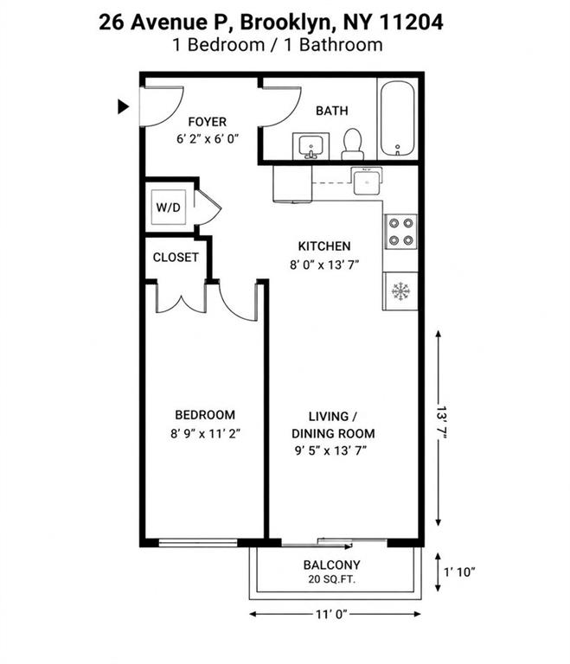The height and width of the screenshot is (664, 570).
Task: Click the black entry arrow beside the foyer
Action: (x=123, y=106)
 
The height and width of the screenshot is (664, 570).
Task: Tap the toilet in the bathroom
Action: (x=352, y=144)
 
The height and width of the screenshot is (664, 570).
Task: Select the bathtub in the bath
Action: (x=397, y=119)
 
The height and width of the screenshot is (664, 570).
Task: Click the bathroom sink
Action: (x=311, y=146)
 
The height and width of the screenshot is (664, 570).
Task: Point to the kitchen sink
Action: (x=368, y=182)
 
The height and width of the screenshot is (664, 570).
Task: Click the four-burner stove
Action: (x=401, y=232)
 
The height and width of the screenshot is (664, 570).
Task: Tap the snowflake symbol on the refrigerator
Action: (x=400, y=291)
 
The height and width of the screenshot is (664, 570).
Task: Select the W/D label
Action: (x=169, y=207)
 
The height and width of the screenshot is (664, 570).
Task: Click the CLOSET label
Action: (x=176, y=258)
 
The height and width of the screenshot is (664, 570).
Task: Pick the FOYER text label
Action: (x=208, y=122)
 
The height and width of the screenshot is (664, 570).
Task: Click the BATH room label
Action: (x=332, y=111)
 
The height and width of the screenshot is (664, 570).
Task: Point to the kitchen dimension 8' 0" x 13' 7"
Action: (x=324, y=265)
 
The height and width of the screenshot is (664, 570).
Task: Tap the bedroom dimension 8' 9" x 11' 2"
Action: (x=205, y=434)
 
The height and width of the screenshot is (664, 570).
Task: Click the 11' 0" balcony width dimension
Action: (x=331, y=614)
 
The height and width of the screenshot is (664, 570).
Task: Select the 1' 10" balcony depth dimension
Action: (x=459, y=572)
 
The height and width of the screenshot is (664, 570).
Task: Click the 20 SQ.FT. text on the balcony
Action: (x=332, y=579)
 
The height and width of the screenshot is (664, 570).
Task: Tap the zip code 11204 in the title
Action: (x=411, y=22)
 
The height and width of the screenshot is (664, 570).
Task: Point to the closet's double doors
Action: (x=182, y=298)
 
